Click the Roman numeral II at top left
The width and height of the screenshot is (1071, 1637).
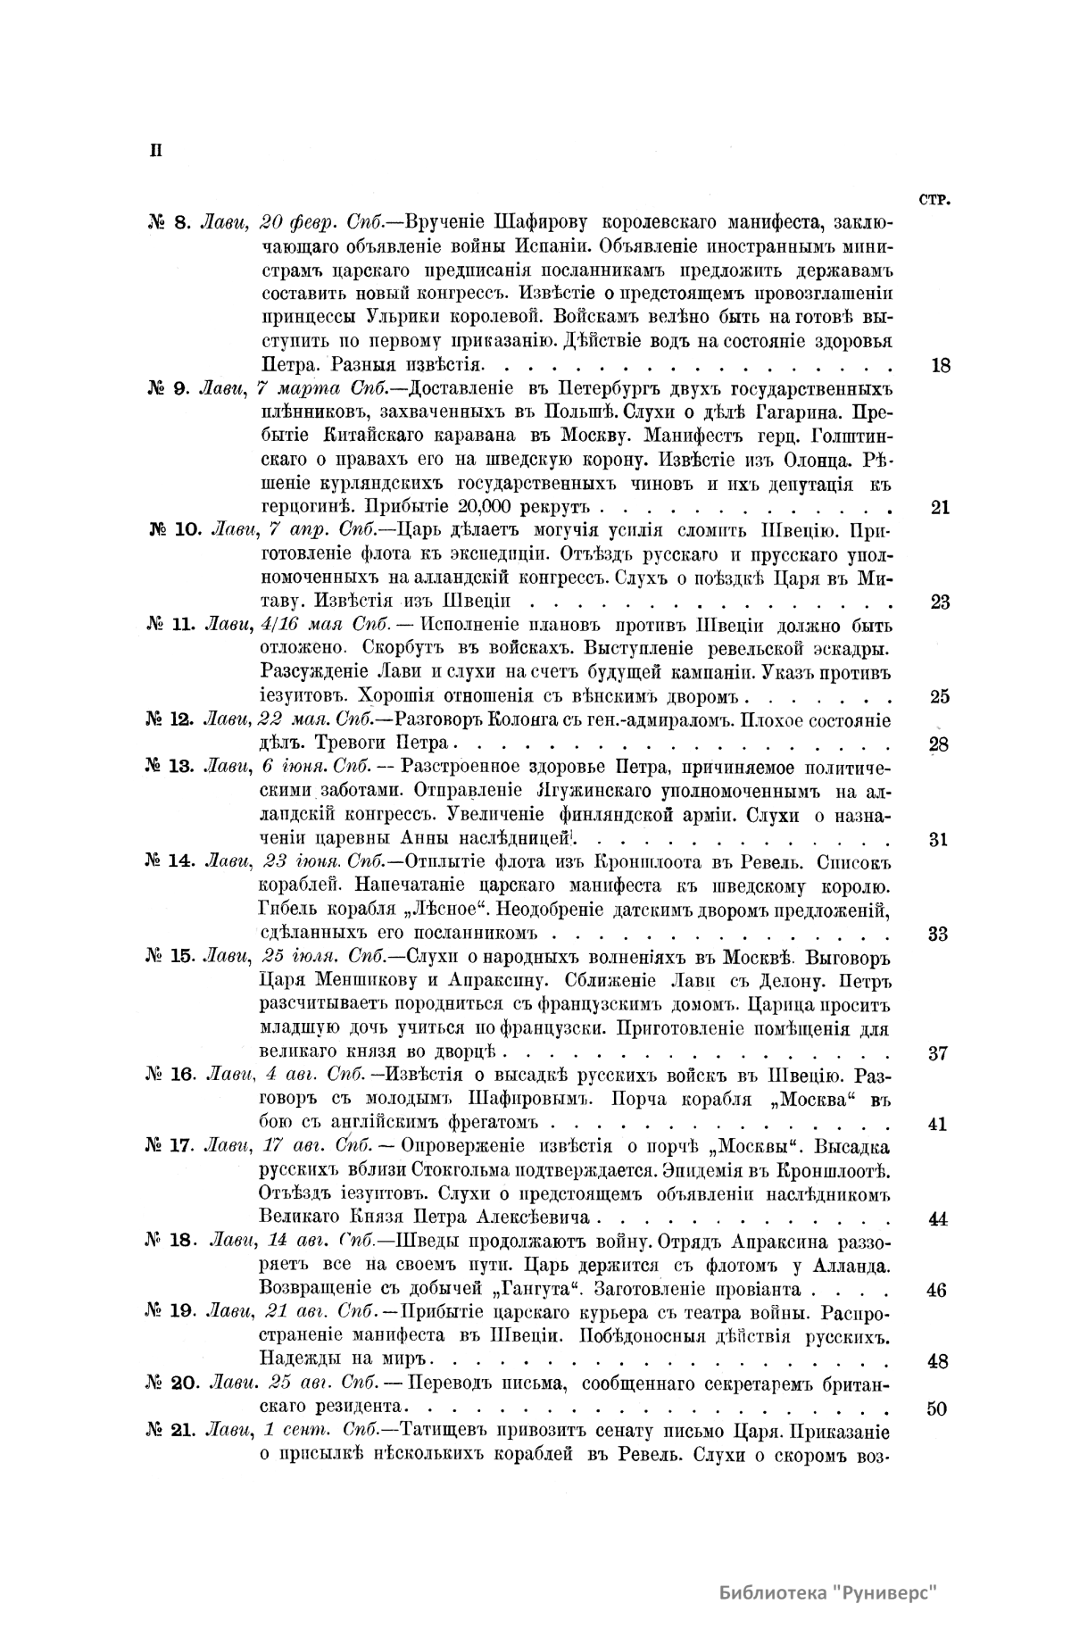(154, 149)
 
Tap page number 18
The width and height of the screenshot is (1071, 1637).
(940, 365)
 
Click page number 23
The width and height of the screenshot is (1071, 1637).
(940, 602)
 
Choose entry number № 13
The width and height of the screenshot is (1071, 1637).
(170, 768)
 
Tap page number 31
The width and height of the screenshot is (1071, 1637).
(938, 839)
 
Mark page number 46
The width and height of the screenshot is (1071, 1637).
(937, 1290)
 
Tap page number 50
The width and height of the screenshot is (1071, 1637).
(937, 1409)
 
